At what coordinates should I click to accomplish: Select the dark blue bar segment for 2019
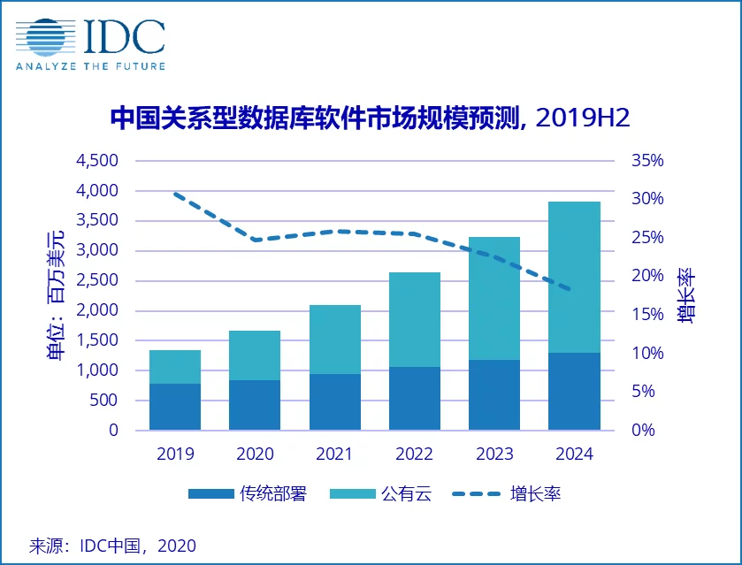(x=174, y=407)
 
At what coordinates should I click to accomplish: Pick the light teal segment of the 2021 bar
(x=335, y=339)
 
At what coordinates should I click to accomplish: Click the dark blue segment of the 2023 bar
(x=494, y=394)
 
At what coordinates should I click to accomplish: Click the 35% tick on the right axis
(x=646, y=161)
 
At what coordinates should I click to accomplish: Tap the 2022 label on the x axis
(x=414, y=454)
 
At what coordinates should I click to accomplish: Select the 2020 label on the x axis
(x=255, y=454)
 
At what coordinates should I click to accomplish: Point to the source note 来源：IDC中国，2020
(x=112, y=545)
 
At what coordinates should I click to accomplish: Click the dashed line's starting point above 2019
(x=175, y=193)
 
